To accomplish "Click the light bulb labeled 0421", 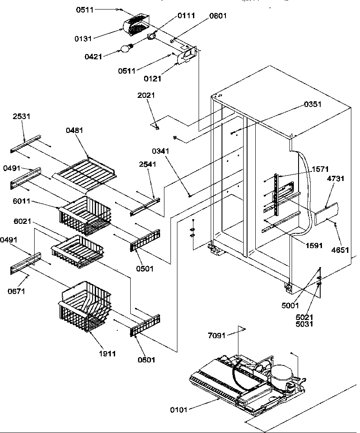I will [126, 48].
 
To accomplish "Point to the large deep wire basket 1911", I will [84, 308].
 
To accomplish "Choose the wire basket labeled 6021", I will [78, 250].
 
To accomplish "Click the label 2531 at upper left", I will [22, 116].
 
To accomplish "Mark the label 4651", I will [340, 250].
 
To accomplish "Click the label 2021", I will [146, 95].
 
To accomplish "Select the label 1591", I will [314, 246].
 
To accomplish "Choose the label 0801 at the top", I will [218, 16].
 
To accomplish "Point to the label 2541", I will [148, 165].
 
